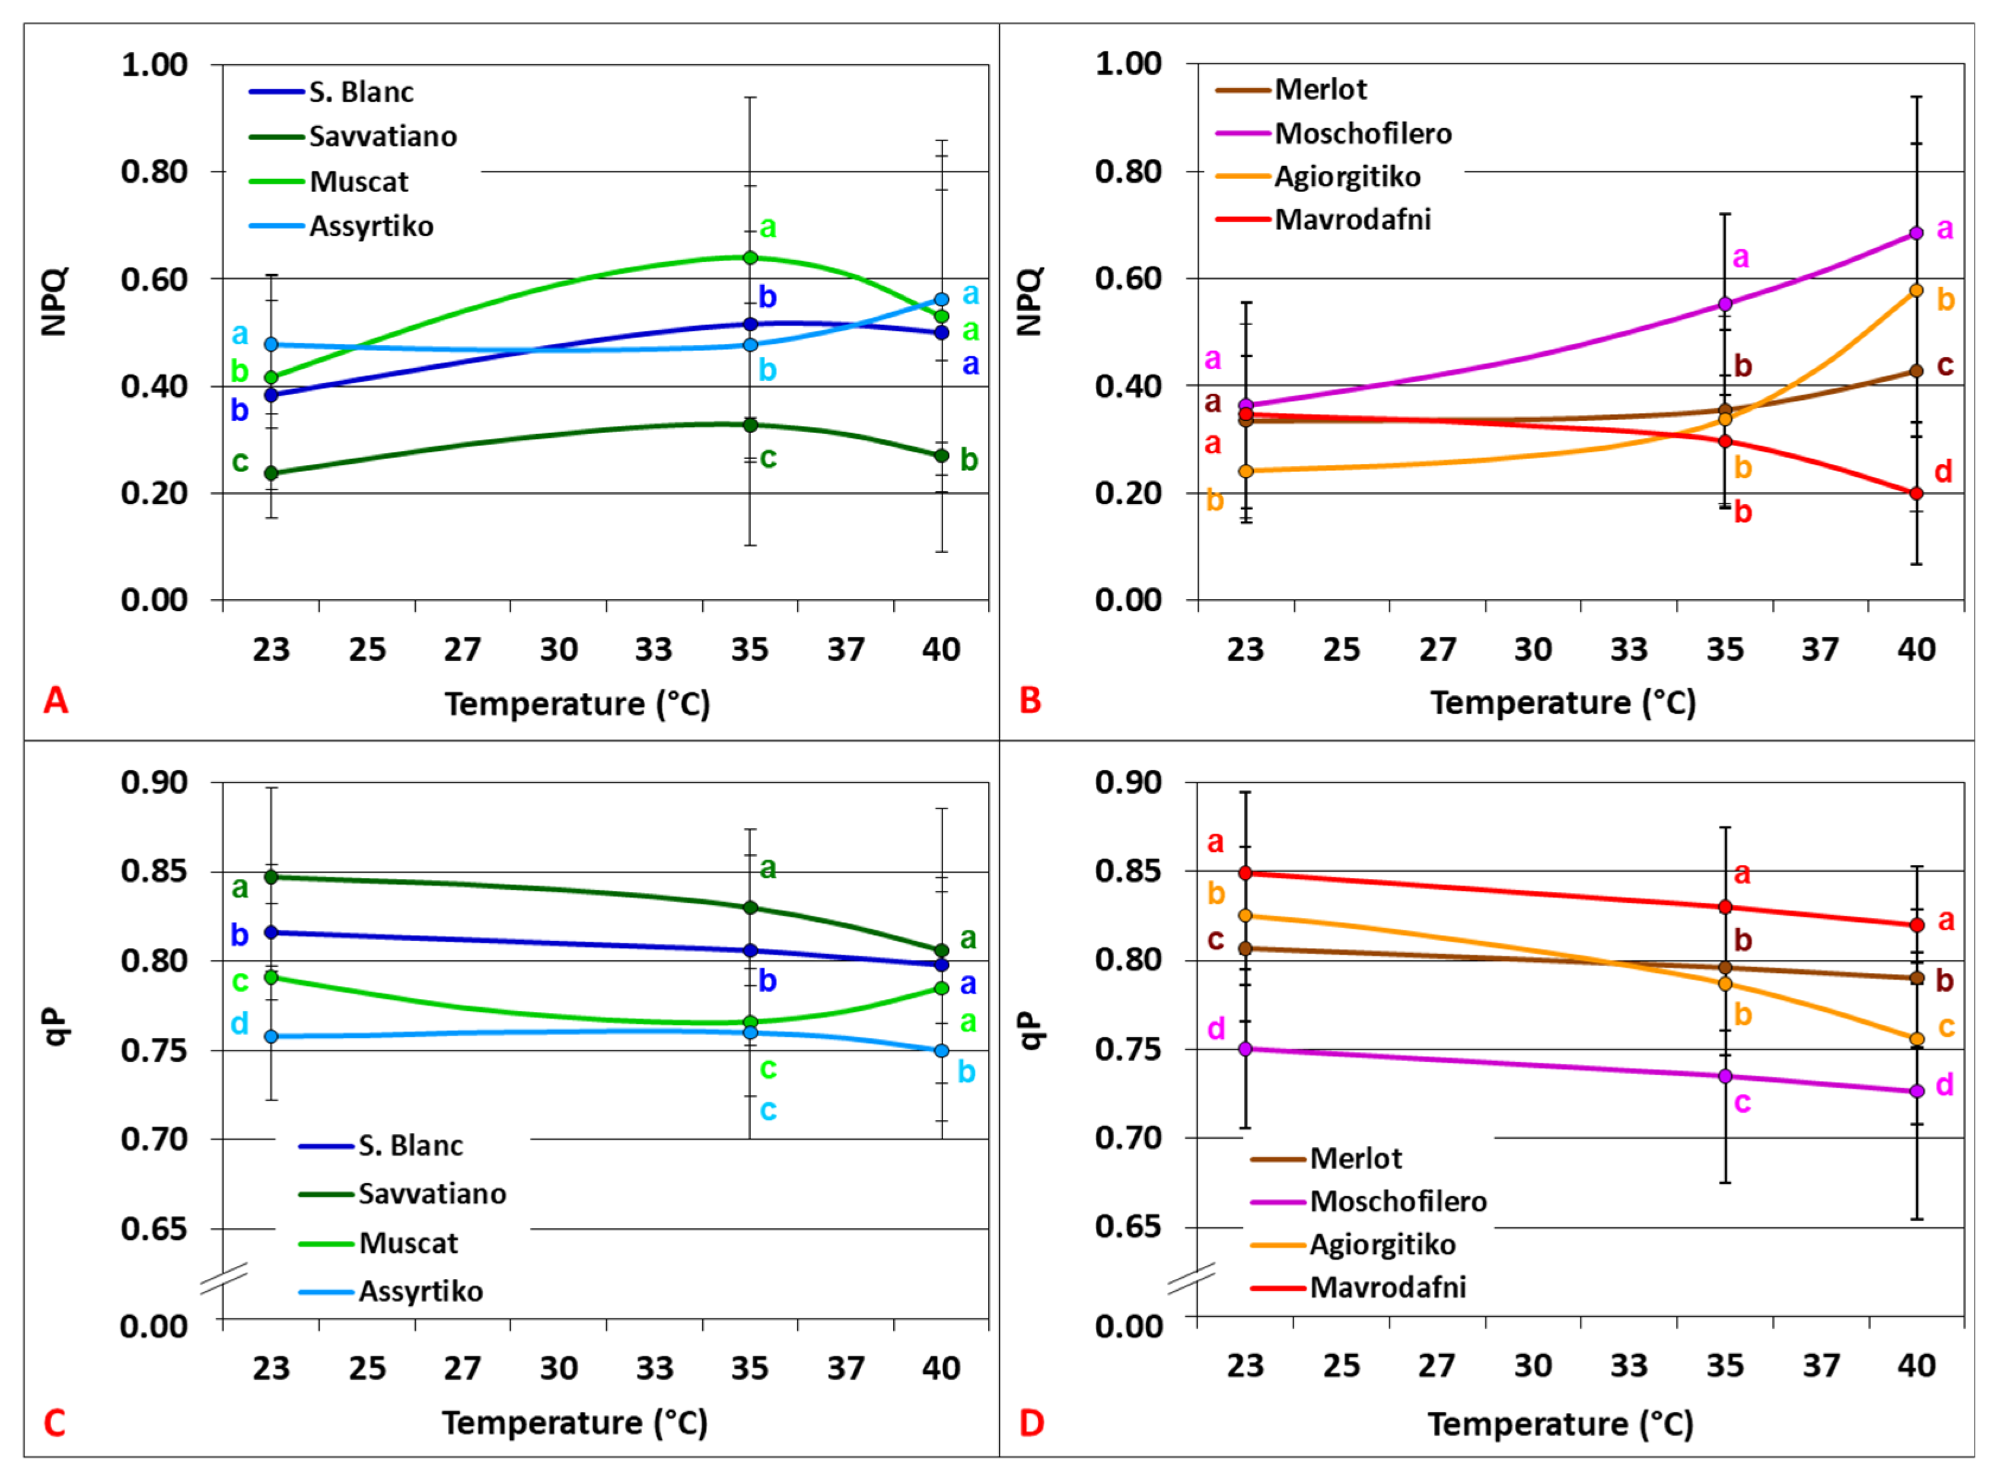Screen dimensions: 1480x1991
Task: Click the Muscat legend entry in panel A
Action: (x=358, y=182)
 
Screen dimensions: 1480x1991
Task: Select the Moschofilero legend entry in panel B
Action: (x=1361, y=133)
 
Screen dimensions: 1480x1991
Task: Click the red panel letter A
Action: (x=56, y=701)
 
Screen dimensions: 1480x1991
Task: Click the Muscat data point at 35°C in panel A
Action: (x=750, y=258)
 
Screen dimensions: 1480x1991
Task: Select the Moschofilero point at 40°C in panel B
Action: (x=1916, y=233)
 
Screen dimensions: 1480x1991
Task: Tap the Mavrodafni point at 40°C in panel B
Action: (x=1916, y=494)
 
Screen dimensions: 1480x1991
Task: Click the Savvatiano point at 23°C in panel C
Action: (x=272, y=877)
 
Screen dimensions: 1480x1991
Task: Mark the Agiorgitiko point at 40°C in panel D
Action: (x=1916, y=1039)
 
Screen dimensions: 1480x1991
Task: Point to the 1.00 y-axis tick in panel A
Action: (x=154, y=65)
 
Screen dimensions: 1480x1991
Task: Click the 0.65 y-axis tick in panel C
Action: (x=154, y=1228)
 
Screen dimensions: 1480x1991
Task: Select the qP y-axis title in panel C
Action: (x=56, y=1027)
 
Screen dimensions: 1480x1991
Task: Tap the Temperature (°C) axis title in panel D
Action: (x=1560, y=1424)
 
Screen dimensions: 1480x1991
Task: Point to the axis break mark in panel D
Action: (x=1191, y=1278)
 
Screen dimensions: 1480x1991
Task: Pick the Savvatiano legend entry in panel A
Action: (x=383, y=136)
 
